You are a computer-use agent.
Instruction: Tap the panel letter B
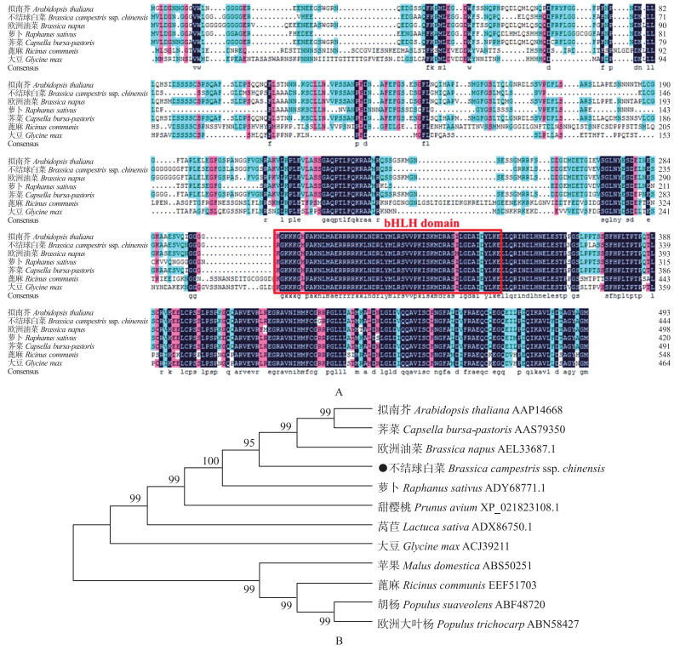pos(340,640)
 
